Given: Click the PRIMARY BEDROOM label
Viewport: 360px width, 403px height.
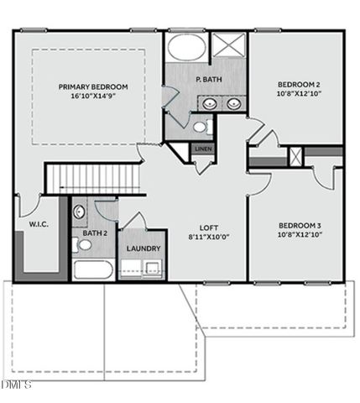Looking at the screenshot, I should coord(92,86).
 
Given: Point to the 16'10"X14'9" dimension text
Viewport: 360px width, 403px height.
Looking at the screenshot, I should coord(92,97).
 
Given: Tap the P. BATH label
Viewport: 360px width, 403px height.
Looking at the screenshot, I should coord(208,80).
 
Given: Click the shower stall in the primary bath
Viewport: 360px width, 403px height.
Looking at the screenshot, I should coord(227,45).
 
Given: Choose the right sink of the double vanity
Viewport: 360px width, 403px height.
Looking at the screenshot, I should coord(233,103).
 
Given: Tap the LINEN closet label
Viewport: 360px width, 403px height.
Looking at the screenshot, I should coord(203,149).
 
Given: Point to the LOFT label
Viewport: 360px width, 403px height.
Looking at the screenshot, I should coord(208,228).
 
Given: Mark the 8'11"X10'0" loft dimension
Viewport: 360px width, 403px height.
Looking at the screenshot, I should coord(208,238).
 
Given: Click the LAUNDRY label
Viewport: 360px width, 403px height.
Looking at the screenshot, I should coord(143,249).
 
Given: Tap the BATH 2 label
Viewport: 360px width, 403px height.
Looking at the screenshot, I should coord(94,233).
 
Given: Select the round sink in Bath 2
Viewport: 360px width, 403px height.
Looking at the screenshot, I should coord(79,212).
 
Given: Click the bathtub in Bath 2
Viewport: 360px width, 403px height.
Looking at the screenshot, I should coord(94,270).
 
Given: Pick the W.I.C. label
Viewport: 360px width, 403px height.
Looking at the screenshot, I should coord(37,224).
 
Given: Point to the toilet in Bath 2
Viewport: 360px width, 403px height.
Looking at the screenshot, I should coord(82,245).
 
